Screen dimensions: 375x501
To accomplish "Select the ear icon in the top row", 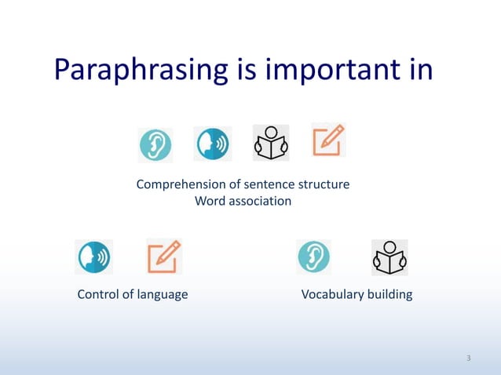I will pyautogui.click(x=155, y=144).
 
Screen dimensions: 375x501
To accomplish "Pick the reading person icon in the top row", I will pyautogui.click(x=270, y=143).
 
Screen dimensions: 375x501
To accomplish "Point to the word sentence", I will pyautogui.click(x=269, y=185).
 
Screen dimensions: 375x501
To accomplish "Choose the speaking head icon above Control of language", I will pyautogui.click(x=93, y=257).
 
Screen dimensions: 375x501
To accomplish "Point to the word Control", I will pyautogui.click(x=97, y=295).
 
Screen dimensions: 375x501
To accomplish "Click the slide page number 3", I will pyautogui.click(x=468, y=359).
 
